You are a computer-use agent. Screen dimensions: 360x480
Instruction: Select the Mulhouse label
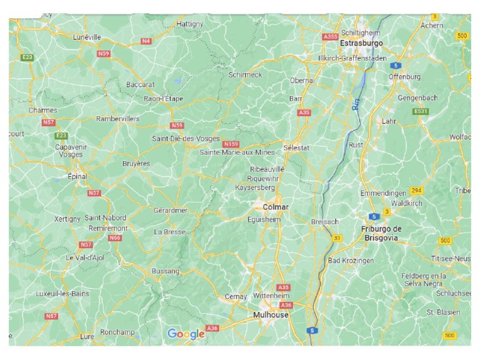270,315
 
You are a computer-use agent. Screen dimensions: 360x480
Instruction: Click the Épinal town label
77,177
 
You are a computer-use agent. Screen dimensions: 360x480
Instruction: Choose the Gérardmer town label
171,211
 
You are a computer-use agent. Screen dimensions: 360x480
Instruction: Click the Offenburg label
404,76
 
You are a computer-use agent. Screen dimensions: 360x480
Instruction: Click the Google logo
186,334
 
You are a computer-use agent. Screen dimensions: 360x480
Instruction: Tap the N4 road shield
146,41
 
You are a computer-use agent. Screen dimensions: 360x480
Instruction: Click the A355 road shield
329,37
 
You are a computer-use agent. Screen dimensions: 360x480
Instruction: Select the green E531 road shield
421,111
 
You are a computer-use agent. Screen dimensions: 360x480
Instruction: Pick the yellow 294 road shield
416,190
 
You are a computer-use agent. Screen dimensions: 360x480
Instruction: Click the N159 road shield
231,144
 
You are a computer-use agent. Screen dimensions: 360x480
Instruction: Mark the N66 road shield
114,237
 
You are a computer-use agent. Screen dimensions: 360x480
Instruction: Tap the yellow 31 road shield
337,237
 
